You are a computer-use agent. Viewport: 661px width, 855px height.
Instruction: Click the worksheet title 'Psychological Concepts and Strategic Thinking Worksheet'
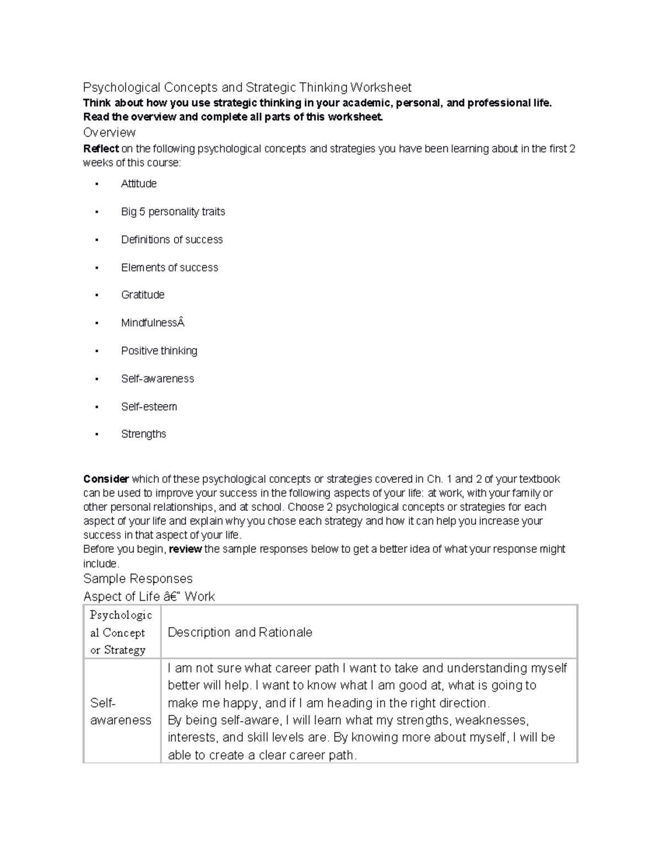click(x=247, y=88)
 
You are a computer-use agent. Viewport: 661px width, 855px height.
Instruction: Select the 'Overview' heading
click(x=109, y=133)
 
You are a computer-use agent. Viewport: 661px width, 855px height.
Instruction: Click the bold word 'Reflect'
click(x=101, y=149)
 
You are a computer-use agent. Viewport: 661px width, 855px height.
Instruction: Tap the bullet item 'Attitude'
click(x=139, y=184)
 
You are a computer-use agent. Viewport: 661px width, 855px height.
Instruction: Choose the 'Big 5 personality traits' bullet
click(x=173, y=212)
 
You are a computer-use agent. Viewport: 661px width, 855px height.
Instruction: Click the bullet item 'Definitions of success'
click(x=172, y=239)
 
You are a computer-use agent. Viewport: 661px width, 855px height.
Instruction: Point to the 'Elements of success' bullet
click(x=170, y=268)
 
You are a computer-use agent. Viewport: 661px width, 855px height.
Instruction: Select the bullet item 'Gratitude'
click(x=143, y=295)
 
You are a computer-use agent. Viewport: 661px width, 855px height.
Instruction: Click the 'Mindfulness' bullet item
click(x=153, y=323)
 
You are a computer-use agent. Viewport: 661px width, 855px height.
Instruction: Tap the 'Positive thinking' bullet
click(x=159, y=351)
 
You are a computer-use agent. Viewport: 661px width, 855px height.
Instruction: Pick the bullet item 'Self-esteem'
click(x=149, y=407)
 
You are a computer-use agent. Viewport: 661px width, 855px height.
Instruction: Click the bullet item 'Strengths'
click(x=143, y=434)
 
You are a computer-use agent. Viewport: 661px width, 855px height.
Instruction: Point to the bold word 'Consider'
click(x=106, y=479)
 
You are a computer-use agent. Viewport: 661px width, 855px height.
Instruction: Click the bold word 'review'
click(x=185, y=549)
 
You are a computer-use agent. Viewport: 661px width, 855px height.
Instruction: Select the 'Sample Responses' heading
click(x=138, y=579)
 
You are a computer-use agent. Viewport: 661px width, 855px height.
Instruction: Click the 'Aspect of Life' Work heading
click(x=149, y=597)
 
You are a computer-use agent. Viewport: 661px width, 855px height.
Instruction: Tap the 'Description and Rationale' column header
click(x=240, y=633)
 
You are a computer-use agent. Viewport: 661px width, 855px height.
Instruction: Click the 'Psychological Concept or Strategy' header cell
click(x=121, y=633)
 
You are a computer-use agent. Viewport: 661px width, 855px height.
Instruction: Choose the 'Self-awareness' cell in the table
click(x=121, y=711)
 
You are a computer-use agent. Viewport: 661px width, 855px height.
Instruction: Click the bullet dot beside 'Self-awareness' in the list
click(x=96, y=379)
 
